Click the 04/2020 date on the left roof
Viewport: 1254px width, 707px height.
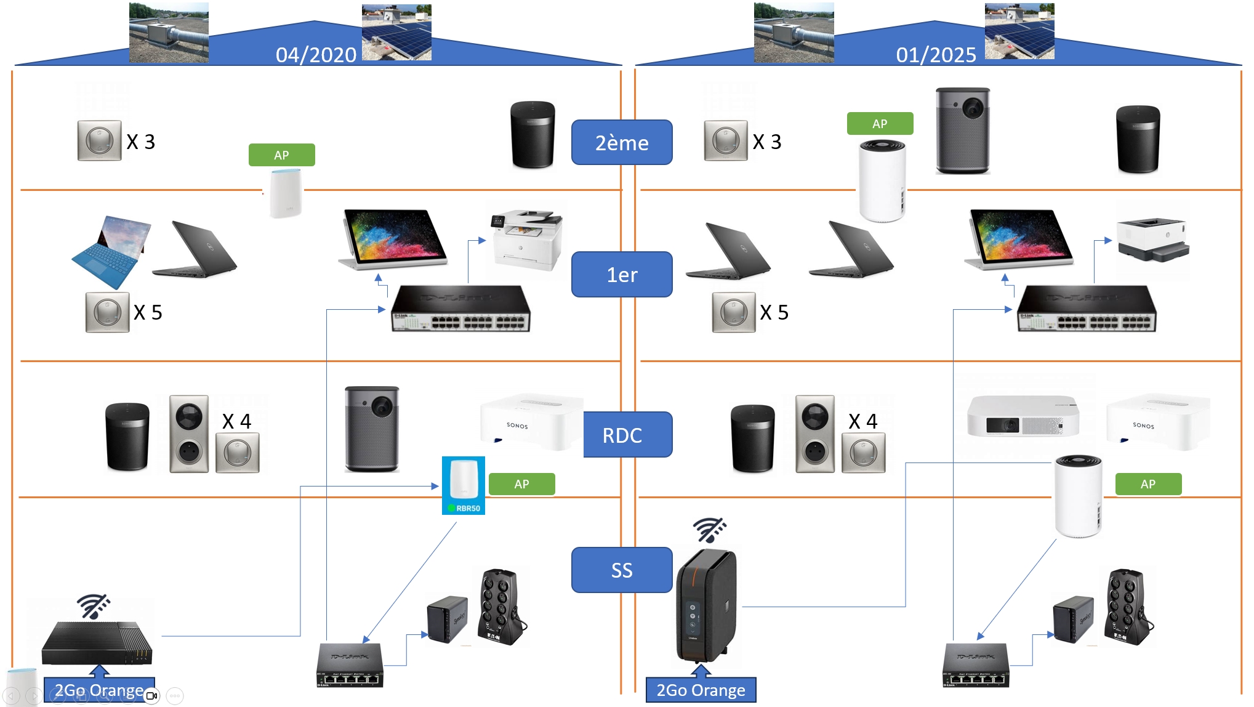point(316,55)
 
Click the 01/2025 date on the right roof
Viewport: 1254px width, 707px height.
point(936,55)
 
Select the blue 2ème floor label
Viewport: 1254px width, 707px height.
point(622,142)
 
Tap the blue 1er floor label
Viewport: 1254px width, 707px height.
point(622,274)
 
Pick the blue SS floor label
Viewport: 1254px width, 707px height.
point(622,570)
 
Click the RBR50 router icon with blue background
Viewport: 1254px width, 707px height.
point(464,485)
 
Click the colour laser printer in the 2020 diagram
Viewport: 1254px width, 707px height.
point(526,240)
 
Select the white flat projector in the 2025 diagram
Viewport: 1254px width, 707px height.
point(1023,417)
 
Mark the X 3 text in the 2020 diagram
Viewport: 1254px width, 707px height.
point(140,142)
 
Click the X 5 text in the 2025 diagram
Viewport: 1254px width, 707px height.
point(774,312)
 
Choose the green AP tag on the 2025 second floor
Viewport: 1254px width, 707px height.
point(880,124)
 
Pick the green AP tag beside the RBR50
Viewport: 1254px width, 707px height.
point(521,484)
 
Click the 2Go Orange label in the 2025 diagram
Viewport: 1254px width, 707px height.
point(701,690)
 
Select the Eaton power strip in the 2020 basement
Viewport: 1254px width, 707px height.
point(502,607)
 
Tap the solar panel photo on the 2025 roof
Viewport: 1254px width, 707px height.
point(1019,31)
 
